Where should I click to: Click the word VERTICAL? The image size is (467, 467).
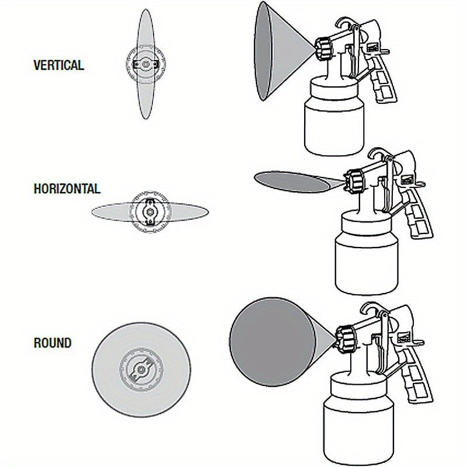tap(58, 65)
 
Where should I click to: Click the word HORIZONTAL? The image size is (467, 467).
tap(67, 189)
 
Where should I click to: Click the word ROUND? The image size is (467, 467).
tap(53, 343)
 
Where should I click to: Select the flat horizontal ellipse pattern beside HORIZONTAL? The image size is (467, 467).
tap(111, 211)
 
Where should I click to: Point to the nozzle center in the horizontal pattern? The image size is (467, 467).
tap(151, 212)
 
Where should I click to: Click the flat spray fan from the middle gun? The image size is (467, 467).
tap(292, 181)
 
